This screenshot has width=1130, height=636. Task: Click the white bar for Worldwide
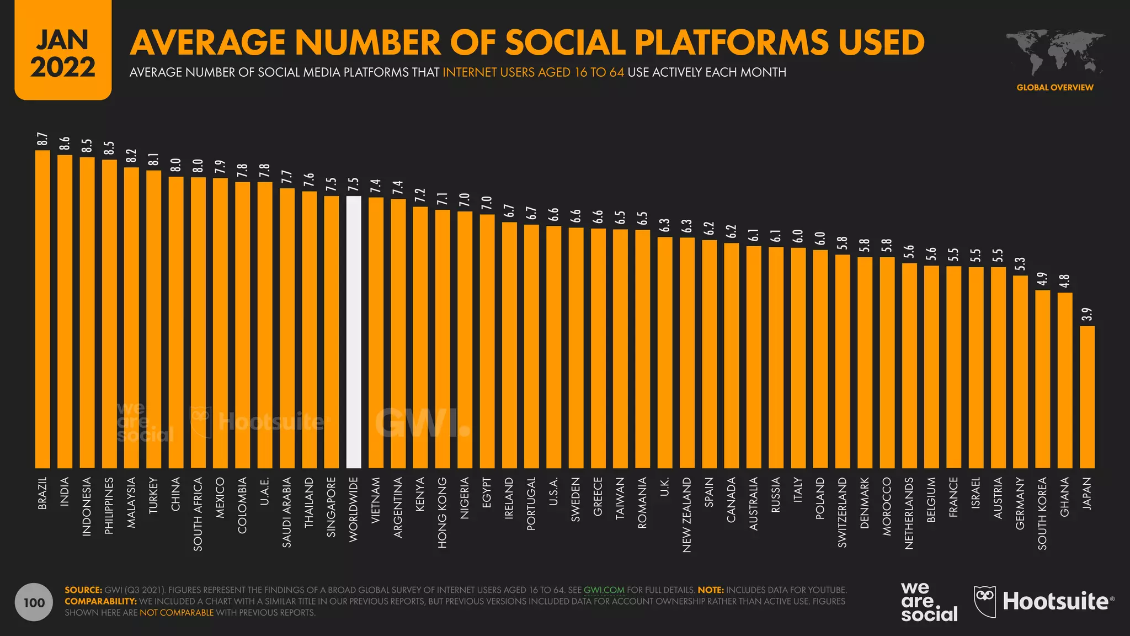pos(354,332)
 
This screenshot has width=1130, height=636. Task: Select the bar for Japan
pos(1087,397)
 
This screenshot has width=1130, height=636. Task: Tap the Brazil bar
pos(42,309)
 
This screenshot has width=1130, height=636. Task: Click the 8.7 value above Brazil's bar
pos(42,140)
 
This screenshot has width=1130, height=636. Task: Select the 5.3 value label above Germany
pos(1020,264)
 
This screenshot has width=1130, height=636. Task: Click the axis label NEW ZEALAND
pos(687,515)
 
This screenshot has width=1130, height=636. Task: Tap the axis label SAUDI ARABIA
pos(287,512)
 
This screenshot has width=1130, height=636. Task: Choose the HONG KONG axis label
pos(443,512)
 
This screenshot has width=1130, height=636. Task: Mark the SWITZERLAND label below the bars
pos(843,512)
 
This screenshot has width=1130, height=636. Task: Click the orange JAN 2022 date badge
pos(63,51)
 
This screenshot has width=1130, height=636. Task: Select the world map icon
pos(1055,53)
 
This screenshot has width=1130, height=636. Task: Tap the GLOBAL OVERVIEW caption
pos(1055,87)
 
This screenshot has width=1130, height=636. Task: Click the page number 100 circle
pos(34,602)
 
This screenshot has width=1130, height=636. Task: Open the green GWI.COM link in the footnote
pos(604,590)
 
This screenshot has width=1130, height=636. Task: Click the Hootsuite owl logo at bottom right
pos(985,601)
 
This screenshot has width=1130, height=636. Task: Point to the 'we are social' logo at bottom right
pos(929,602)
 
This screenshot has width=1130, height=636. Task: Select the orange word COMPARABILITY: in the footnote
pos(100,601)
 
